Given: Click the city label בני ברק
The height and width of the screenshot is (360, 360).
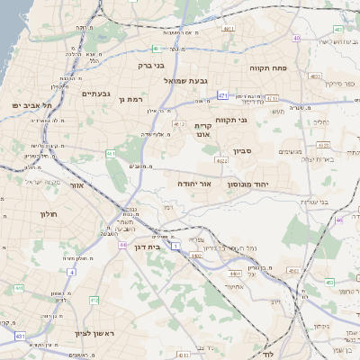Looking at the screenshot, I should (x=150, y=65).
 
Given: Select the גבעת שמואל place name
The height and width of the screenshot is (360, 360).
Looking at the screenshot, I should (x=187, y=81).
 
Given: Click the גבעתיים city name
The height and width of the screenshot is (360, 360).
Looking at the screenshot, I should (x=95, y=94).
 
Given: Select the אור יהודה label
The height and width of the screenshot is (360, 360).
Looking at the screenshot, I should (x=194, y=184).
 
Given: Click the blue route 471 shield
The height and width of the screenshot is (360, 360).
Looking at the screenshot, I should (x=221, y=94).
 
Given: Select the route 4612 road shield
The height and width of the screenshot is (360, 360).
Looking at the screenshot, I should (x=179, y=123).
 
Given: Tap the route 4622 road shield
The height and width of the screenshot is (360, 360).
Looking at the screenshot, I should (x=220, y=160).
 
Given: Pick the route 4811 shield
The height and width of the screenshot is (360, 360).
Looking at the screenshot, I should (x=229, y=29).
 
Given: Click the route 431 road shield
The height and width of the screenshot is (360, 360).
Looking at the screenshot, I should (x=20, y=336).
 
